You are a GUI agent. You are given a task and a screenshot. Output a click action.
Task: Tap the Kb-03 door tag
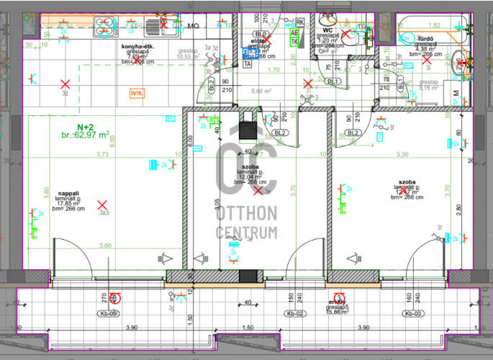pos(412,314)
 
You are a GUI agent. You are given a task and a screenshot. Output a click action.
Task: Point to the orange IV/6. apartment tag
pos(135,93)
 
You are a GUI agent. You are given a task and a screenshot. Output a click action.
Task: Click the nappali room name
pos(68,193)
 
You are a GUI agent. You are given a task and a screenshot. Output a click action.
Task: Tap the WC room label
pos(327,30)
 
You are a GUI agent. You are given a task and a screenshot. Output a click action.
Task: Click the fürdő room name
pos(424,39)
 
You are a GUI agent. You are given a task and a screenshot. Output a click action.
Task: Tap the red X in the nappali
pos(102,205)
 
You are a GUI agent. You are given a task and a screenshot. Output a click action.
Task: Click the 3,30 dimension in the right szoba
pos(402,155)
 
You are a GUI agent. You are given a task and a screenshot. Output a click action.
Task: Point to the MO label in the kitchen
pos(193,26)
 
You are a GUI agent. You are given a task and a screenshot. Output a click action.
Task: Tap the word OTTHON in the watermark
pos(247,213)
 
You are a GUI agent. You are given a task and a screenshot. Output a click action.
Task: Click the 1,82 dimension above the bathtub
pos(434,25)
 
